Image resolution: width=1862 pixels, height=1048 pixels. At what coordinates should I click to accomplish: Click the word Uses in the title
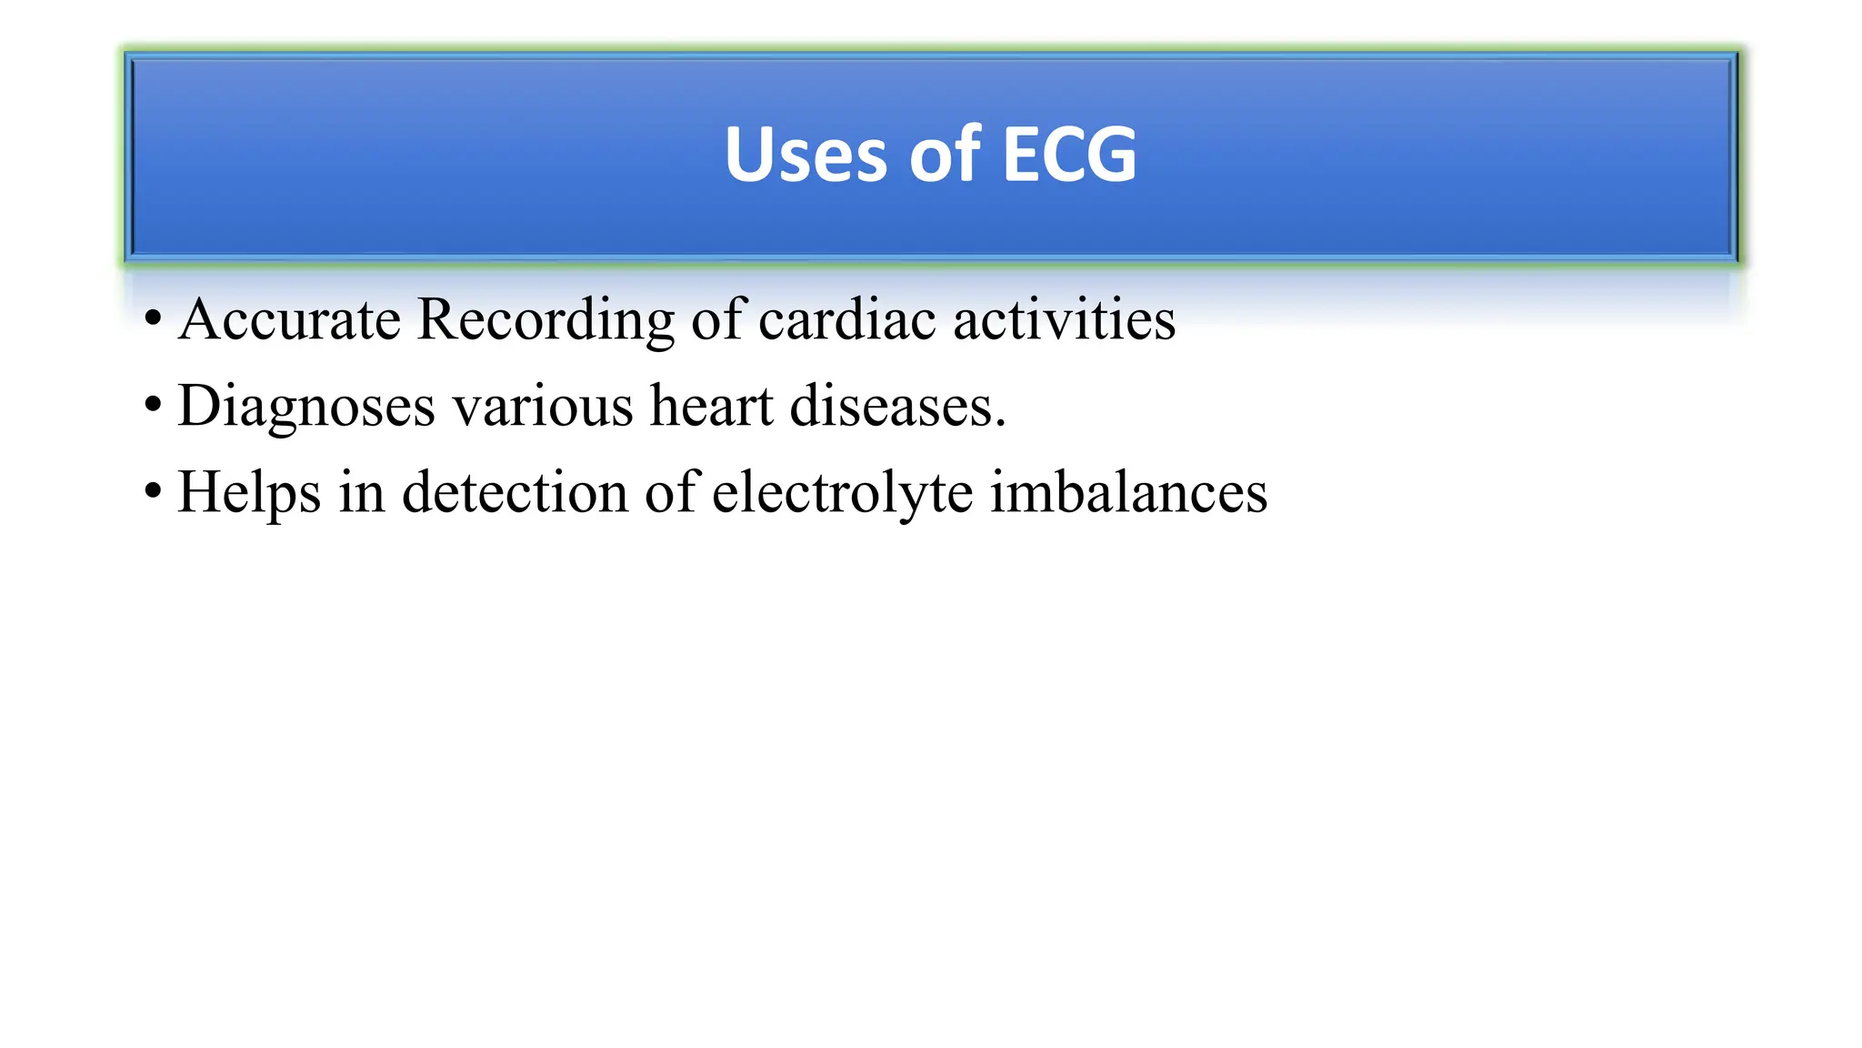tap(805, 155)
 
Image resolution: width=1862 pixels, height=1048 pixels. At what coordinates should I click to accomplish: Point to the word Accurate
tap(289, 320)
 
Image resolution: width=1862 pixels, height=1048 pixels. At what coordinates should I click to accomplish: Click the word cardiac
tap(847, 320)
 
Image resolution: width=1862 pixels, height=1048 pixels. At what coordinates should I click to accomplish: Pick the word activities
tap(1064, 320)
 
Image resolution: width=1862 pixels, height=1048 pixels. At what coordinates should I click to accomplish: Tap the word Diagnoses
tap(306, 407)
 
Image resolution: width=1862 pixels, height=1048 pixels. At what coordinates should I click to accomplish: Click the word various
tap(543, 407)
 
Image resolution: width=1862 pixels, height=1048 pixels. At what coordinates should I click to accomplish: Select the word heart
tap(711, 406)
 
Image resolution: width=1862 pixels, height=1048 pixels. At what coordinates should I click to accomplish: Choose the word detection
tap(516, 492)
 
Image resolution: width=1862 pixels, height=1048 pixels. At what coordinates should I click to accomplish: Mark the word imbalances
tap(1128, 492)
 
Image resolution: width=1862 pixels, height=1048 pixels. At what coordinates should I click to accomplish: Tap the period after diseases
tap(1000, 424)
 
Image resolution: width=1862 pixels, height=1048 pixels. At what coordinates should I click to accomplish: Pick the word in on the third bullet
tap(362, 492)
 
